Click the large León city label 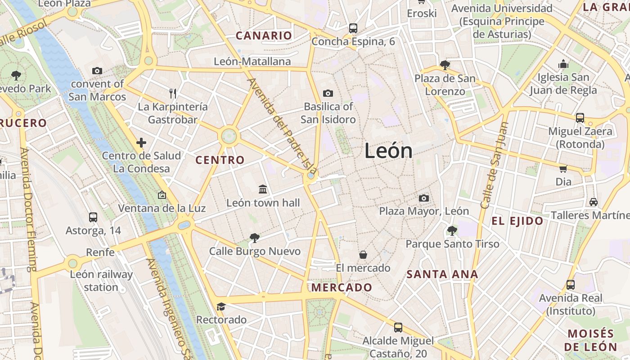click(388, 150)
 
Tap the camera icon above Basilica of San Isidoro click(328, 93)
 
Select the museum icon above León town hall click(263, 189)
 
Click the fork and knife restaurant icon click(173, 93)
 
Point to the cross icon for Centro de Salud click(141, 143)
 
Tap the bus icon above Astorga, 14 click(93, 217)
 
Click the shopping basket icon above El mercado click(363, 255)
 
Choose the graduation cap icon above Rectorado click(221, 306)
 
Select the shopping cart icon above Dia click(563, 169)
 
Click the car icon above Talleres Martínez click(594, 202)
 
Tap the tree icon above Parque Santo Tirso click(452, 231)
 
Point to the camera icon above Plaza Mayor click(423, 198)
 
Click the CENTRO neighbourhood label click(220, 160)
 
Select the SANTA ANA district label click(442, 274)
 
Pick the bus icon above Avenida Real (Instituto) click(571, 284)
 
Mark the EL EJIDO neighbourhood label click(517, 221)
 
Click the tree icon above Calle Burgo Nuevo click(255, 238)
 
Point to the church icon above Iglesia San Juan click(563, 64)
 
